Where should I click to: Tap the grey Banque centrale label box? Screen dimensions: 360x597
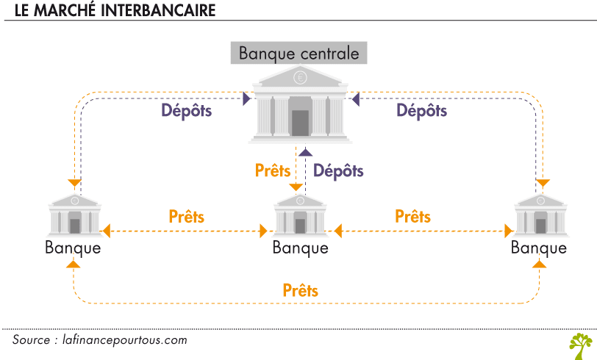[299, 54]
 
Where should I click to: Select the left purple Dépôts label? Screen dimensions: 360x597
[187, 112]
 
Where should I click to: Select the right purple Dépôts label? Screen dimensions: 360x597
[422, 112]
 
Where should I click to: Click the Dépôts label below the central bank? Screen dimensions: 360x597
[338, 170]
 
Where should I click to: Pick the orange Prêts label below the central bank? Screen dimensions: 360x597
[273, 170]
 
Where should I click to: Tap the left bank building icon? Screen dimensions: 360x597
[74, 215]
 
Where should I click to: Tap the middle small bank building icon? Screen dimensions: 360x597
[300, 215]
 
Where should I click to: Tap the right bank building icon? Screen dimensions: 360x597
[540, 215]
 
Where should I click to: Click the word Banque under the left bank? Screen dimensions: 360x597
[73, 248]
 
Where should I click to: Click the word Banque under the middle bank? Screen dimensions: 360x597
[300, 248]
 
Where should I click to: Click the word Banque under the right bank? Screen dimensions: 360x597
[539, 248]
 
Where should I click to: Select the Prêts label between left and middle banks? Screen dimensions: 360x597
[186, 217]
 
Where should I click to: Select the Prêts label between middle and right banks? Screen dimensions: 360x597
[412, 217]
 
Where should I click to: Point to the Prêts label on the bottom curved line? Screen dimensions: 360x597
[300, 290]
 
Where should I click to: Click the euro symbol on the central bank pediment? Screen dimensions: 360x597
[300, 76]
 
